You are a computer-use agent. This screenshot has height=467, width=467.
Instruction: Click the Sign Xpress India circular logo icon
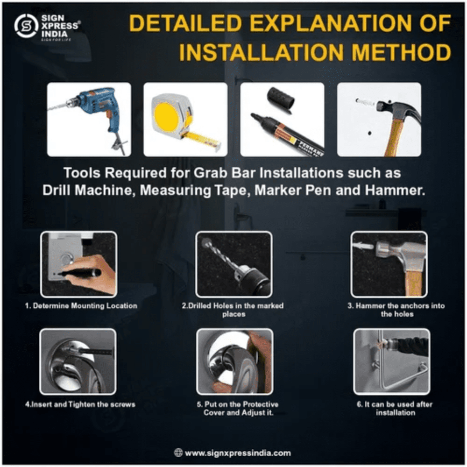tap(27, 26)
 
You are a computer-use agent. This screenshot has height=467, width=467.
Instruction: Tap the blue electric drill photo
tap(89, 120)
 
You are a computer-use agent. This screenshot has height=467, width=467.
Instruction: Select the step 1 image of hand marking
tap(78, 264)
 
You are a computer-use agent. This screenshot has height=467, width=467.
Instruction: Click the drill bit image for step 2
tap(234, 264)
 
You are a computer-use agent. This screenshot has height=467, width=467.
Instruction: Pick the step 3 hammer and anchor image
tap(389, 264)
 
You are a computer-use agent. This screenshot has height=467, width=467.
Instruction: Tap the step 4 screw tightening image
tap(78, 361)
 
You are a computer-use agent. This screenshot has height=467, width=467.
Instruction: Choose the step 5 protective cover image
tap(235, 361)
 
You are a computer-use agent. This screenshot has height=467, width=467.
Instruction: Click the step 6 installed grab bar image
tap(392, 361)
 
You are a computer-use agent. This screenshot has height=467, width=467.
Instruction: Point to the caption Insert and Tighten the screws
tap(80, 404)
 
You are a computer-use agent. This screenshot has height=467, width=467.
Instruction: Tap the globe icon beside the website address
tap(178, 453)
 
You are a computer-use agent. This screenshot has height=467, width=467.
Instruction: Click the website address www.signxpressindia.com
tap(238, 453)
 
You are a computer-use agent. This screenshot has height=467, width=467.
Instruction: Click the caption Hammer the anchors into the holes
tap(396, 310)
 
